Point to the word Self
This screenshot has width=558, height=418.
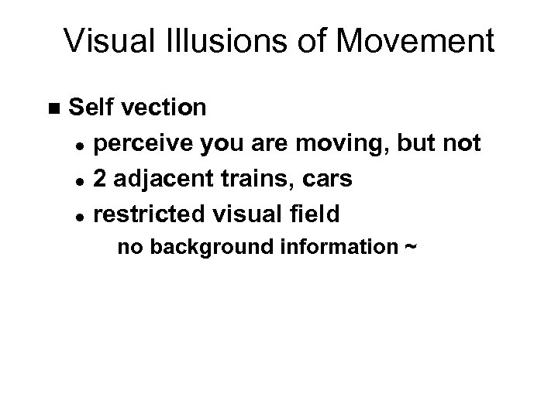91,107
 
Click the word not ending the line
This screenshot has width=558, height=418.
459,143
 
